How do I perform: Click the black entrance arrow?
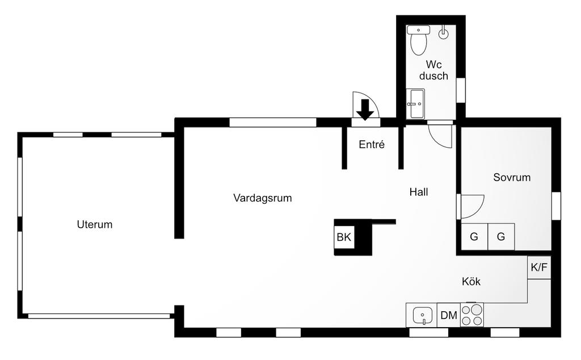click(x=365, y=109)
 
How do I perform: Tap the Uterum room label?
click(x=95, y=224)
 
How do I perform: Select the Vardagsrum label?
click(x=262, y=198)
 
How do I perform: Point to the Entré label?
click(x=372, y=145)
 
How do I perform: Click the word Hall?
click(x=419, y=192)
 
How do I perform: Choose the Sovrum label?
click(x=512, y=177)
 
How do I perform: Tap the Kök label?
click(x=471, y=281)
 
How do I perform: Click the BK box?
click(x=344, y=237)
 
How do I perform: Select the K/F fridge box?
click(x=538, y=267)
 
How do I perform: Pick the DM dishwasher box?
click(x=449, y=316)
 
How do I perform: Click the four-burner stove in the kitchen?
click(x=471, y=315)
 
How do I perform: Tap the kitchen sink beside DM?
click(x=422, y=315)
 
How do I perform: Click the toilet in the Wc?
click(x=419, y=41)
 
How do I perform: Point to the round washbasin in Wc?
click(x=443, y=33)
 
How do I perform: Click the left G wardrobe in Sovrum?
click(x=474, y=237)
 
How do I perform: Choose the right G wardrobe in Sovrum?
click(x=501, y=237)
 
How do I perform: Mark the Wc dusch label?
click(x=433, y=70)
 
